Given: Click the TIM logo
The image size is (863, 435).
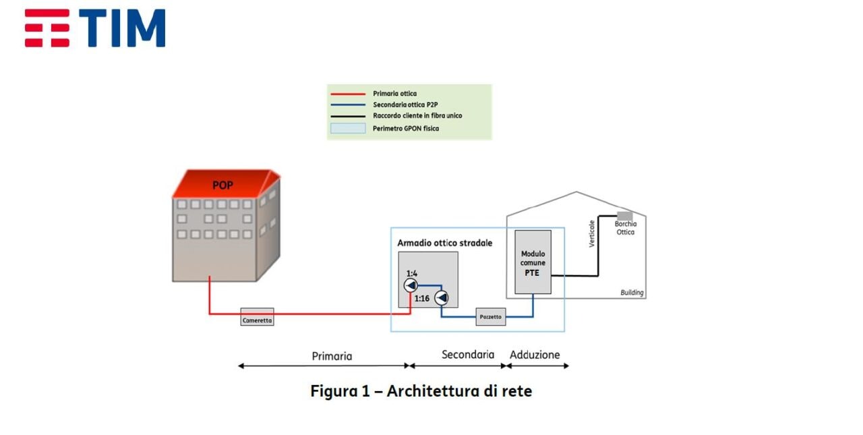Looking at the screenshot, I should click(x=95, y=28).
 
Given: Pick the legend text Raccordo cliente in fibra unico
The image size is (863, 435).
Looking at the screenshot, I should click(x=417, y=116).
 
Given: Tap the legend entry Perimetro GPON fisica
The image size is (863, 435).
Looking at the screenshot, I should click(x=405, y=128).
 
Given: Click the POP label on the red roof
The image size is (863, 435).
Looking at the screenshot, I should click(x=222, y=185).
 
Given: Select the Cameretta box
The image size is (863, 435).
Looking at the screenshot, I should click(x=257, y=317).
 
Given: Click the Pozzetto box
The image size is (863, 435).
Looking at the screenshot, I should click(x=490, y=317).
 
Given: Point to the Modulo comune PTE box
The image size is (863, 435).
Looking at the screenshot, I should click(x=533, y=262).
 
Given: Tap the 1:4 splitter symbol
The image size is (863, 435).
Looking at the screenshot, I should click(x=411, y=286).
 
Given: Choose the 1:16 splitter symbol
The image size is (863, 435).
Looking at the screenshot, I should click(x=442, y=297).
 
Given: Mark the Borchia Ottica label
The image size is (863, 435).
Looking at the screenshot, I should click(x=625, y=228).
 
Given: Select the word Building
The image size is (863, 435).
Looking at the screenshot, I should click(x=632, y=293).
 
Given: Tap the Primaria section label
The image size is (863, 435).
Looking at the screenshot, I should click(x=332, y=356).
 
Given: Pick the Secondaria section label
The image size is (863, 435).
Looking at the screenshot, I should click(x=468, y=355).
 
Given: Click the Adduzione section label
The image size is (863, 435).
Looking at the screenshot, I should click(x=535, y=355).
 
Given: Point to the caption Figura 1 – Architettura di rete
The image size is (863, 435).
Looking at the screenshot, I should click(x=421, y=391).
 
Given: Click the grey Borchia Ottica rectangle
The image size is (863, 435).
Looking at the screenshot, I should click(x=624, y=216).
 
